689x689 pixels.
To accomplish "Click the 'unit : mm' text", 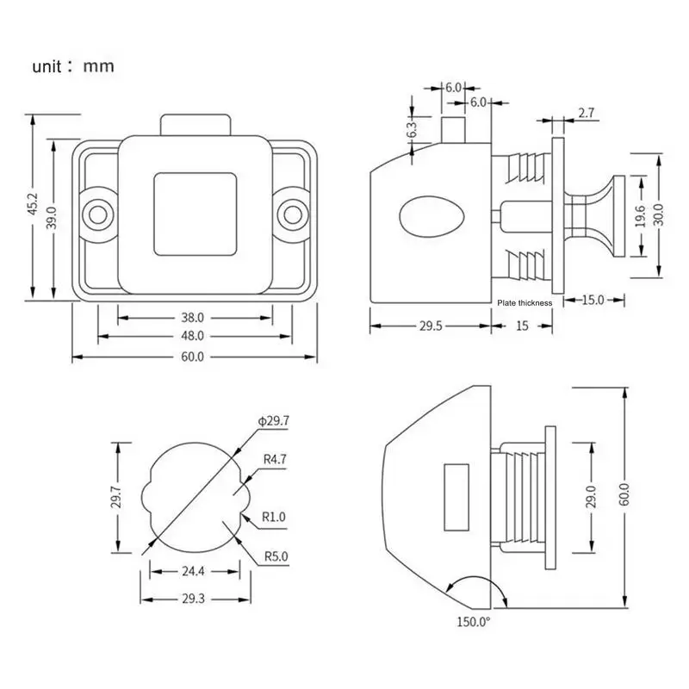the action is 73,66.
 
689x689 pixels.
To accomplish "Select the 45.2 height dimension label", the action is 33,204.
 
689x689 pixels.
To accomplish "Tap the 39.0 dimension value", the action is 52,218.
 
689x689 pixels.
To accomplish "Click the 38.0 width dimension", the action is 192,317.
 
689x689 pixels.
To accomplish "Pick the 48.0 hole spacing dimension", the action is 192,336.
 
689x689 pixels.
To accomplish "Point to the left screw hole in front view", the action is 97,214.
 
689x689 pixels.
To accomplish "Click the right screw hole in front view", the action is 293,214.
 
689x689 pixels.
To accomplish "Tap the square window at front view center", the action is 196,214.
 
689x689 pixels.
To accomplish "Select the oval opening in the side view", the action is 431,217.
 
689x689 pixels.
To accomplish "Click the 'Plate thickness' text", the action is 525,303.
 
